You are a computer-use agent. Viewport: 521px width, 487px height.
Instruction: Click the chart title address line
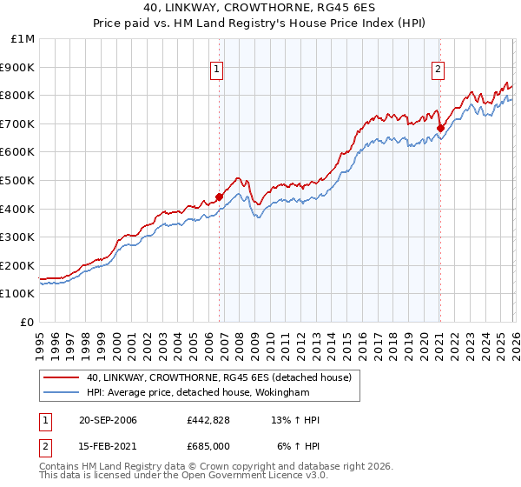(260, 9)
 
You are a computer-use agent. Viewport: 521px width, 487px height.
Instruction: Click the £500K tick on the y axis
(18, 180)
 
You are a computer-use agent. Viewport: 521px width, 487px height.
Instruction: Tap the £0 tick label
(28, 322)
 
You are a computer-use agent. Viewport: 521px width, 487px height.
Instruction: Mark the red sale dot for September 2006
(219, 197)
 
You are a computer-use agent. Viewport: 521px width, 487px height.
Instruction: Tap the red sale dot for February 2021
(440, 128)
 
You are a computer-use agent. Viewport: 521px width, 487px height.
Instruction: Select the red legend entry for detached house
(218, 377)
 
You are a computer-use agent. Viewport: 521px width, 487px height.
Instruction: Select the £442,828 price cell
(208, 420)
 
